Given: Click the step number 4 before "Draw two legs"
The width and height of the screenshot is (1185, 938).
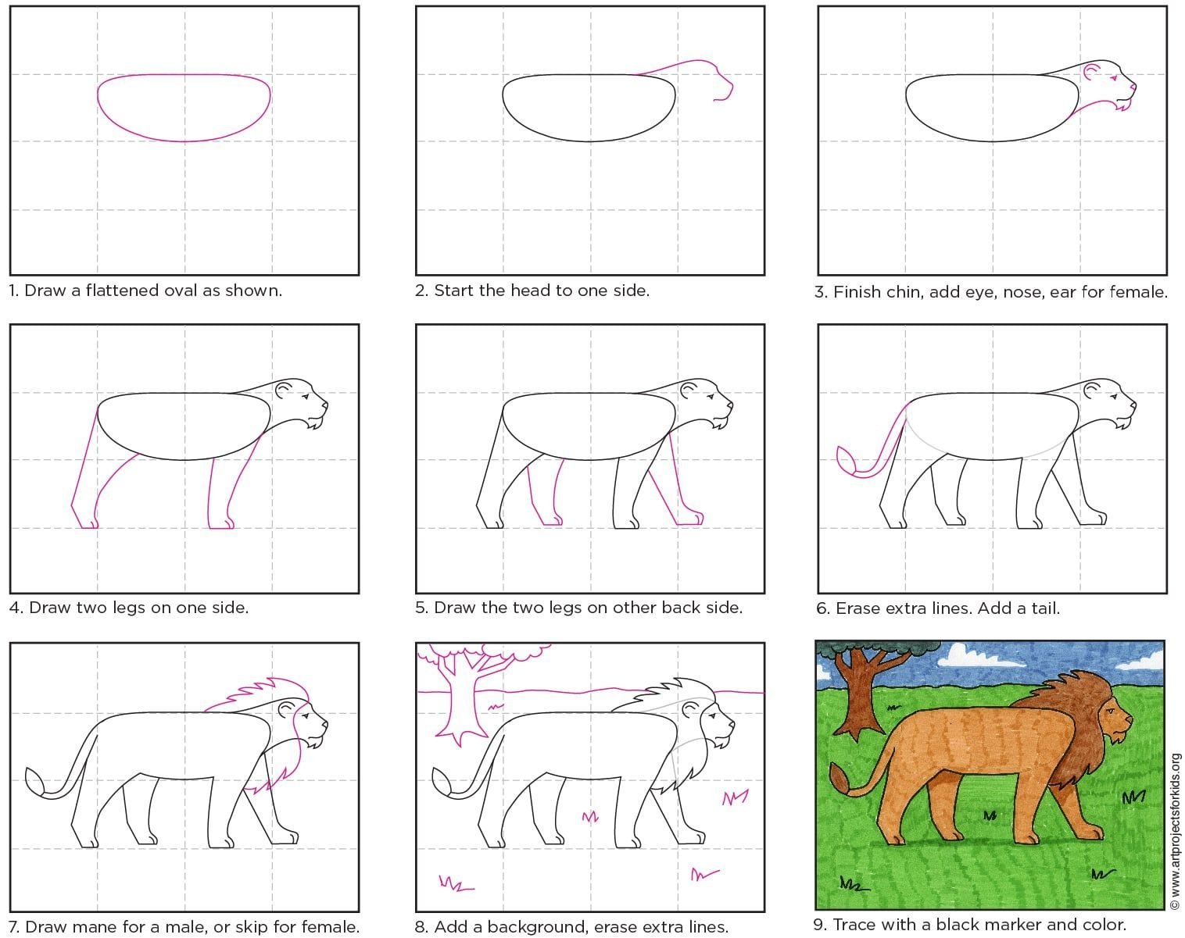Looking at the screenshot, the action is (x=15, y=608).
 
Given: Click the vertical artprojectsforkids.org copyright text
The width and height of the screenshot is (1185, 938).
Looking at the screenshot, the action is (x=1176, y=832).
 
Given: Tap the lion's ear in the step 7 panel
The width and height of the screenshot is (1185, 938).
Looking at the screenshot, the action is (x=285, y=709).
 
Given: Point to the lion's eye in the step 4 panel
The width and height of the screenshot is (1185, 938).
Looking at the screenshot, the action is (x=306, y=396).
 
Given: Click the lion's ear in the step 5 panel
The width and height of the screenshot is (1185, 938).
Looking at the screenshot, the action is (x=689, y=390).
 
